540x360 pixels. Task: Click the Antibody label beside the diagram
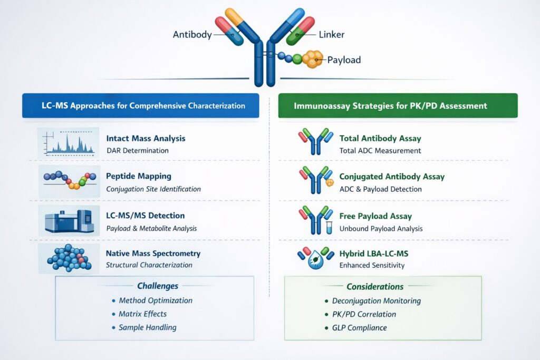[x=192, y=35]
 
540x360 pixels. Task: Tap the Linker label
[x=332, y=35]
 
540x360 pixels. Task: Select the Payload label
[x=344, y=60]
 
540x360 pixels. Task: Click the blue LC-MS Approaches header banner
[x=140, y=105]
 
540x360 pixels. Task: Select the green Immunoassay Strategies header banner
[x=398, y=105]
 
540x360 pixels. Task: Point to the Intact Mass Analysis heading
[x=146, y=139]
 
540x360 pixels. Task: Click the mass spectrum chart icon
[x=69, y=142]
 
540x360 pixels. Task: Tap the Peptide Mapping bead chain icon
[x=69, y=180]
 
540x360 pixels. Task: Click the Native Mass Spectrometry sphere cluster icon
[x=69, y=258]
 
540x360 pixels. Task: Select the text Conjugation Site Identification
[x=153, y=189]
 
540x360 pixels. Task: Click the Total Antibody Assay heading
[x=380, y=139]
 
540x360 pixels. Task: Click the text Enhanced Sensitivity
[x=371, y=265]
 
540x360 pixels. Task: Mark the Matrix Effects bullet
[x=143, y=314]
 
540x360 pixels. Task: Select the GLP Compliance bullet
[x=359, y=328]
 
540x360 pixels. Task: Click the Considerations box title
[x=375, y=287]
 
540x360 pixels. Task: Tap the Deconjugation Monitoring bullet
[x=376, y=301]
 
